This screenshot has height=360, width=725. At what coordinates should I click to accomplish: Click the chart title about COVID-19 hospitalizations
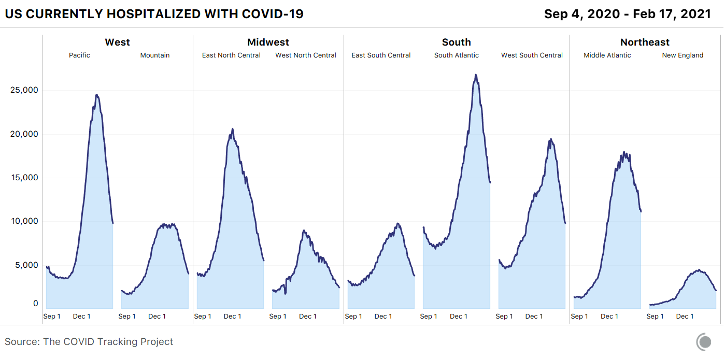(x=154, y=14)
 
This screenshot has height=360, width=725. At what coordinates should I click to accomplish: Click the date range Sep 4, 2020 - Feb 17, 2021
(x=627, y=14)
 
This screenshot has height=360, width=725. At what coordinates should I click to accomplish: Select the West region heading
(x=118, y=42)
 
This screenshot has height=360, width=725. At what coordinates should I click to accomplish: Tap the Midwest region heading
(x=268, y=42)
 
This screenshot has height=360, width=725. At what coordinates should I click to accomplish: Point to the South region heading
(x=457, y=42)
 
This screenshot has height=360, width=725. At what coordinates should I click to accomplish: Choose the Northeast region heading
(x=645, y=42)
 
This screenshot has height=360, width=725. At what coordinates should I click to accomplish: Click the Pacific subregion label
(x=79, y=55)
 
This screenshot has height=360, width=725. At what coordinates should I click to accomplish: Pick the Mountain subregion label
(x=155, y=55)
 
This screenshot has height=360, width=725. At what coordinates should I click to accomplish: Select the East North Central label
(x=231, y=55)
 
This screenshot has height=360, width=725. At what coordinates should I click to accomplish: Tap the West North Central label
(x=306, y=55)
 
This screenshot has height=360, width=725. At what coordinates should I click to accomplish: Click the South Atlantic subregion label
(x=457, y=55)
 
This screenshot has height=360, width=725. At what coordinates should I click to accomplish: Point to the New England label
(x=683, y=55)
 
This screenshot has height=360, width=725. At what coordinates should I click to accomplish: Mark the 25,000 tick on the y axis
(x=24, y=90)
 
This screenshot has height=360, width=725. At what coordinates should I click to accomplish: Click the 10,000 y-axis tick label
(x=24, y=221)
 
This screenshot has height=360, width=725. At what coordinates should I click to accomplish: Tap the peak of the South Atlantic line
(x=475, y=75)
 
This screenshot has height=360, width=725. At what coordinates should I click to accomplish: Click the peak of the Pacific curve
(x=96, y=95)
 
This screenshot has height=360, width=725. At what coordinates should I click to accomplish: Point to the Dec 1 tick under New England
(x=685, y=316)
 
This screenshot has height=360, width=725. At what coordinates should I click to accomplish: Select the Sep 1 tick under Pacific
(x=52, y=316)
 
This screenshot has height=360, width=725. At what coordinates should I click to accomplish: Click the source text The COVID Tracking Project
(x=89, y=342)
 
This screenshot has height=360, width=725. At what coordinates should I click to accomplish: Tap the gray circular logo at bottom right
(x=704, y=342)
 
